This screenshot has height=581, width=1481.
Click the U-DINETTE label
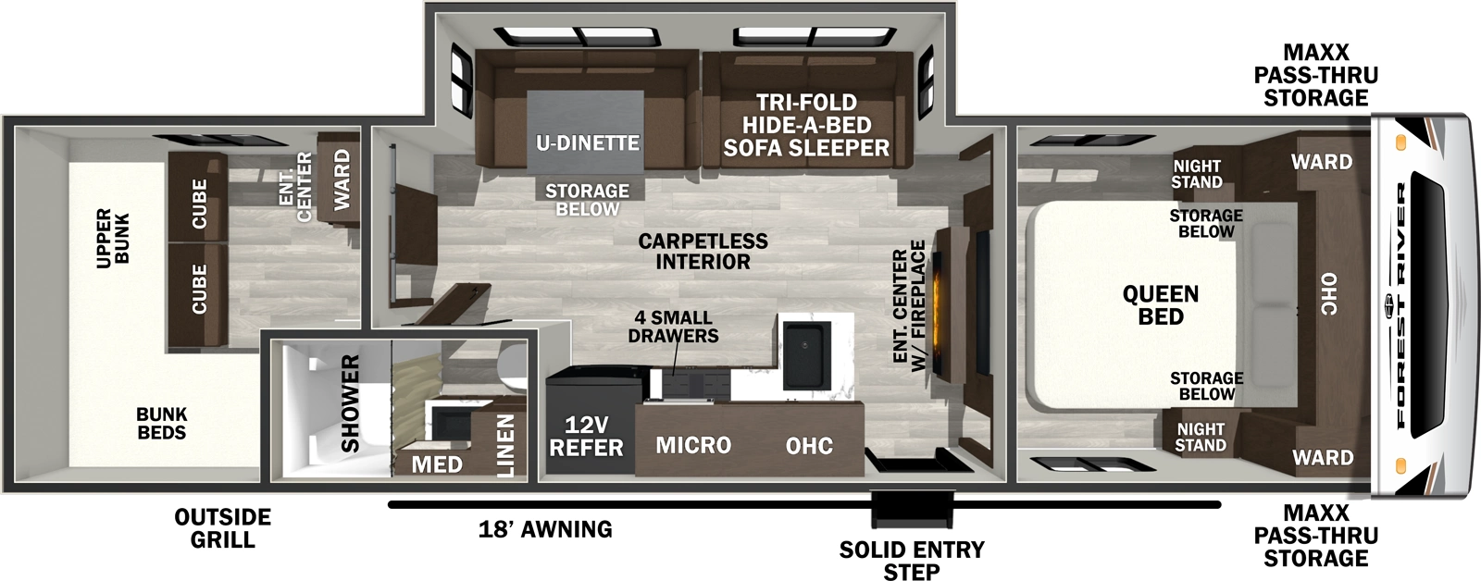click(x=588, y=143)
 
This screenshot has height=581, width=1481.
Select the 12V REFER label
click(x=586, y=437)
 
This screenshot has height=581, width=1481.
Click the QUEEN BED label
click(x=1161, y=305)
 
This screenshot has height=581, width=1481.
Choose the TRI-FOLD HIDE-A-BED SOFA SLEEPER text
click(x=806, y=125)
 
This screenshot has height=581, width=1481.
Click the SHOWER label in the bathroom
click(x=350, y=403)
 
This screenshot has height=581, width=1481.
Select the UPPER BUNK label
click(x=113, y=238)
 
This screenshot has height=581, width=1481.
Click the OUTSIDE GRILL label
click(x=222, y=528)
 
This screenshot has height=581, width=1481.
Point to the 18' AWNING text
click(x=545, y=529)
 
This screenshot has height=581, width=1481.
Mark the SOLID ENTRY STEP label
click(x=912, y=561)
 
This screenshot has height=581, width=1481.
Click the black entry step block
click(x=912, y=510)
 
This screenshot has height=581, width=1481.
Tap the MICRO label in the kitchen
click(x=693, y=446)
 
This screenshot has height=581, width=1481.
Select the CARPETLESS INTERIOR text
click(x=703, y=252)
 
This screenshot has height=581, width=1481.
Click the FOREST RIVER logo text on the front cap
click(x=1401, y=305)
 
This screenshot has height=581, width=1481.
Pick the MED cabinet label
click(x=437, y=464)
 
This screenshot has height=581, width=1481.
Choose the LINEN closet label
click(x=505, y=445)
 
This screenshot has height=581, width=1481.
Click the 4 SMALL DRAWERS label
click(x=673, y=327)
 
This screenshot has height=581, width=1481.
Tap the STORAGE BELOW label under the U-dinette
click(x=587, y=200)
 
